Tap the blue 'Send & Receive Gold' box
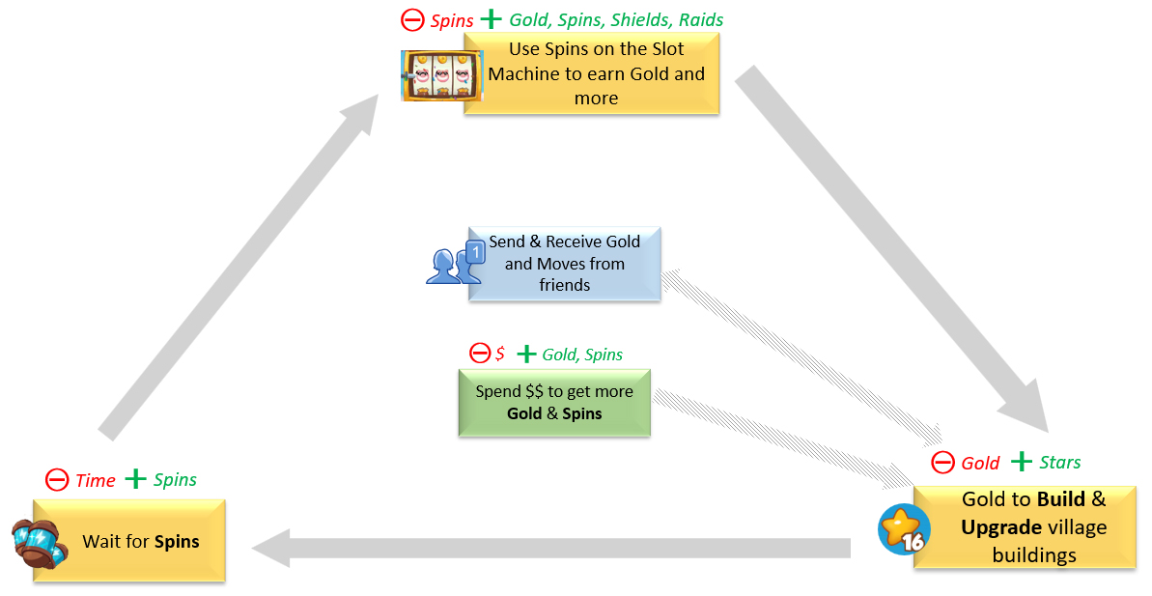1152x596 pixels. coord(564,264)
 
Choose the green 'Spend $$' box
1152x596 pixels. coord(554,403)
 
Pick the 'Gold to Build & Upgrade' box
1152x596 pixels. coord(1025,527)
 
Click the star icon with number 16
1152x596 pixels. coord(903,529)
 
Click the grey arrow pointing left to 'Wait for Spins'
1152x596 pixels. coord(550,548)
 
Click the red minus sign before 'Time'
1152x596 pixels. coord(57,480)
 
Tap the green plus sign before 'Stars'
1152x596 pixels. coord(1021,462)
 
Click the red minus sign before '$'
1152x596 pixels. coord(479,354)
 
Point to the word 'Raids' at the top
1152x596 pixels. coord(700,20)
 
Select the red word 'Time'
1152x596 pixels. coord(95,480)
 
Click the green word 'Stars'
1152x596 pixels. coord(1059,463)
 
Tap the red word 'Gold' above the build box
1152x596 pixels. coord(980,464)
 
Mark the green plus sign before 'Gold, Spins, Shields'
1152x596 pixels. coord(492,19)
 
